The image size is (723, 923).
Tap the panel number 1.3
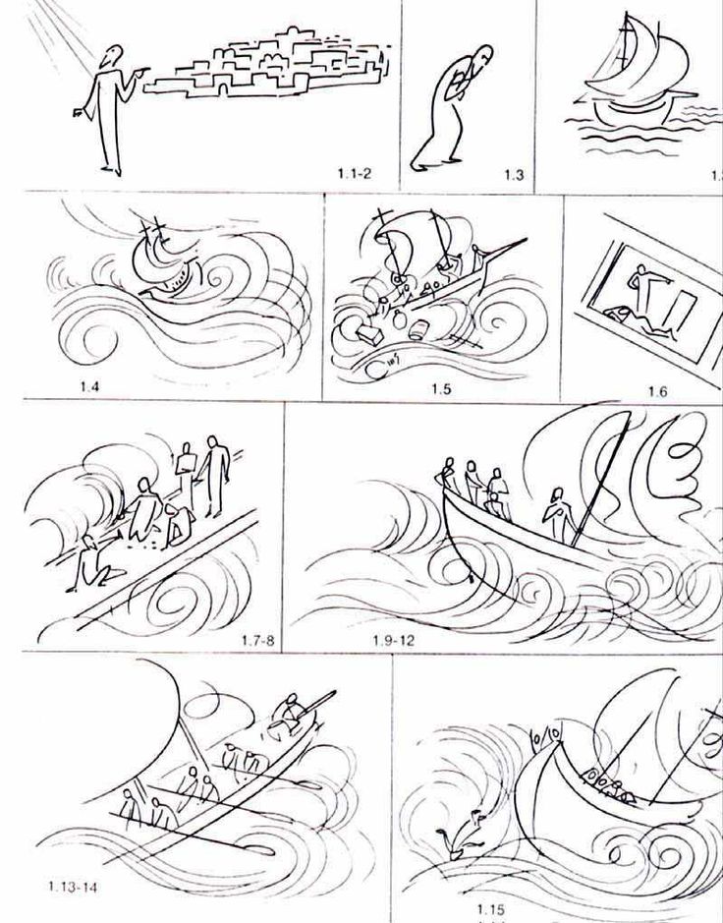514,176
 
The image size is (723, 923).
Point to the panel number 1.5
440,388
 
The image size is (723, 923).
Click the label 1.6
657,391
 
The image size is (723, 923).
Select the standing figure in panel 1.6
640,285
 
